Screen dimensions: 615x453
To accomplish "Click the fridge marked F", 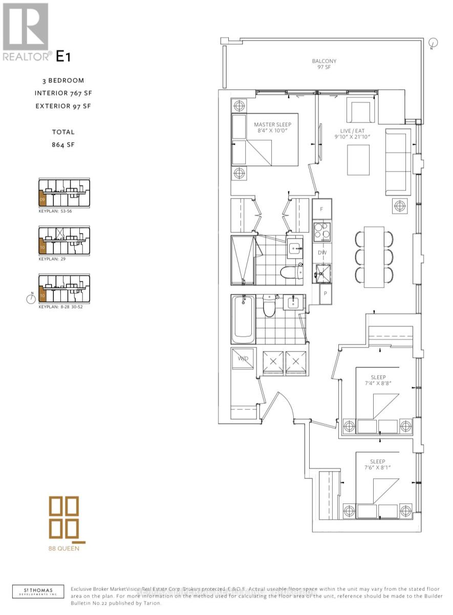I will pos(321,209).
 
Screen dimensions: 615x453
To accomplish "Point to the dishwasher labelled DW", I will pos(321,252).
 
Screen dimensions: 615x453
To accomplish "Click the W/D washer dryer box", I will pos(243,359).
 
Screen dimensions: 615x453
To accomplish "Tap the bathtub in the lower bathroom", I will pos(243,319).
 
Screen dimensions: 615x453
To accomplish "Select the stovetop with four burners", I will pos(322,231).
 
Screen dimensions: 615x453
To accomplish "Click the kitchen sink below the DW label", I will pos(322,272).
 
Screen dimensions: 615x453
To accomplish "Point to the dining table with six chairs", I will pos(374,257).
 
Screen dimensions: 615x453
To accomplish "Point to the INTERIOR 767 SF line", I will pos(63,93).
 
